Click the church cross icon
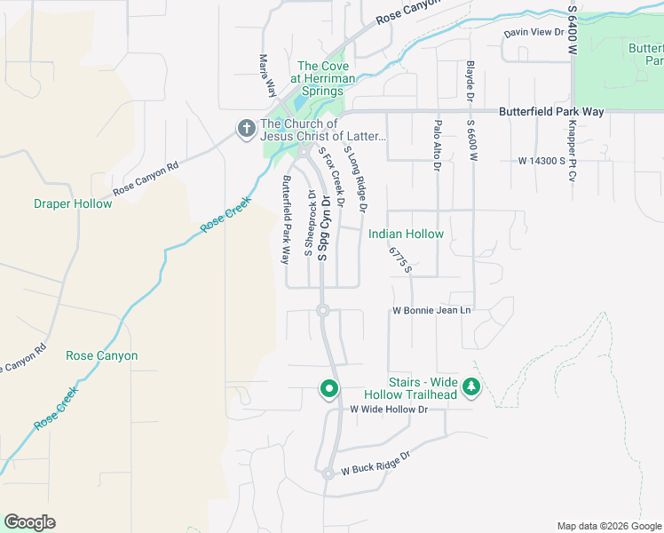(x=246, y=130)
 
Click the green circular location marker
(x=329, y=388)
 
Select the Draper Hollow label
(x=73, y=203)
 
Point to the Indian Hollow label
(x=406, y=234)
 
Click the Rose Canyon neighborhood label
(x=102, y=355)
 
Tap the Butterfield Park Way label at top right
(x=551, y=111)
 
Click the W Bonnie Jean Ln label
(x=431, y=311)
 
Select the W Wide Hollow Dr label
(x=389, y=410)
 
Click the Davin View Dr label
(x=534, y=33)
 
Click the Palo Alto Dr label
(x=437, y=147)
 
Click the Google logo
(x=29, y=522)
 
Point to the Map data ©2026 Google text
(x=608, y=526)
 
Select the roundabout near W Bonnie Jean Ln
(x=323, y=311)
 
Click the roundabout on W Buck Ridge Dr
(x=328, y=473)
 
